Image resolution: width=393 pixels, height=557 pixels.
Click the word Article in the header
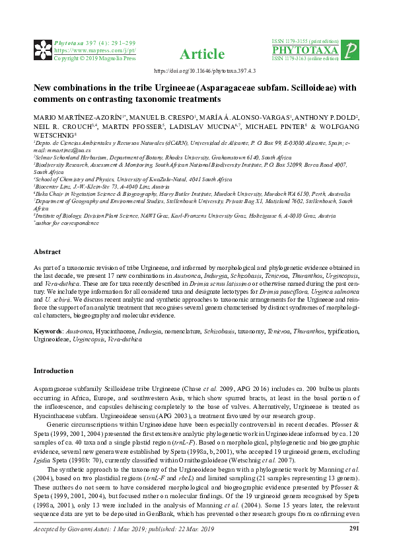pos(196,54)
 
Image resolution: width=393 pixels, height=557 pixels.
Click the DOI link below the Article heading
pos(196,70)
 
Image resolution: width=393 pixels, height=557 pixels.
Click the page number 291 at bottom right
pos(353,546)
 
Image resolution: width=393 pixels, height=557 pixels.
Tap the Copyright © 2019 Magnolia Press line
pos(85,58)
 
